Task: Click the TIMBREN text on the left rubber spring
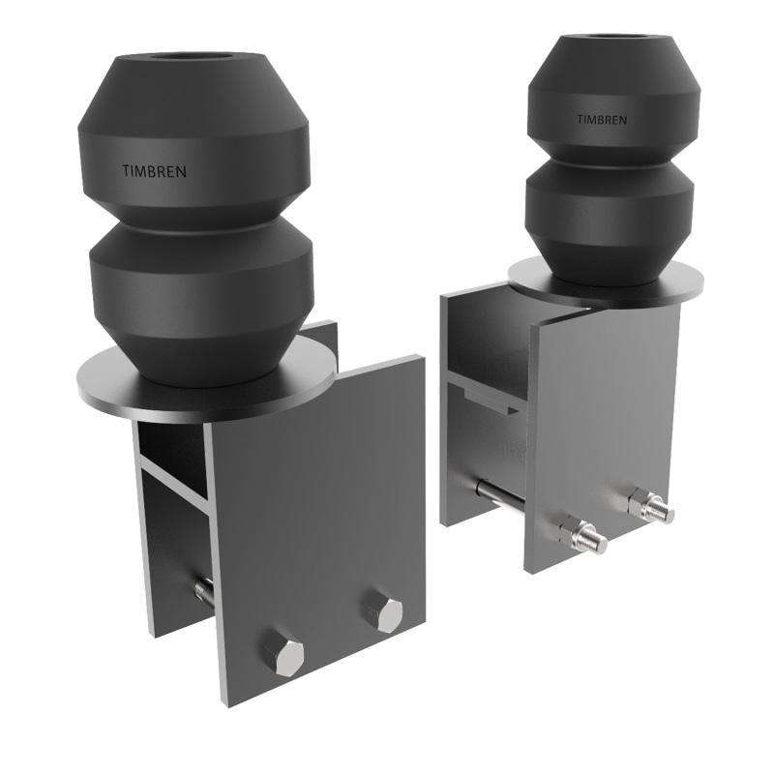click(x=155, y=171)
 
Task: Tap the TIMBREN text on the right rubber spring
click(x=602, y=120)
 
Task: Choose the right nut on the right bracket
click(x=648, y=505)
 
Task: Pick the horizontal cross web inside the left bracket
click(x=174, y=484)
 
